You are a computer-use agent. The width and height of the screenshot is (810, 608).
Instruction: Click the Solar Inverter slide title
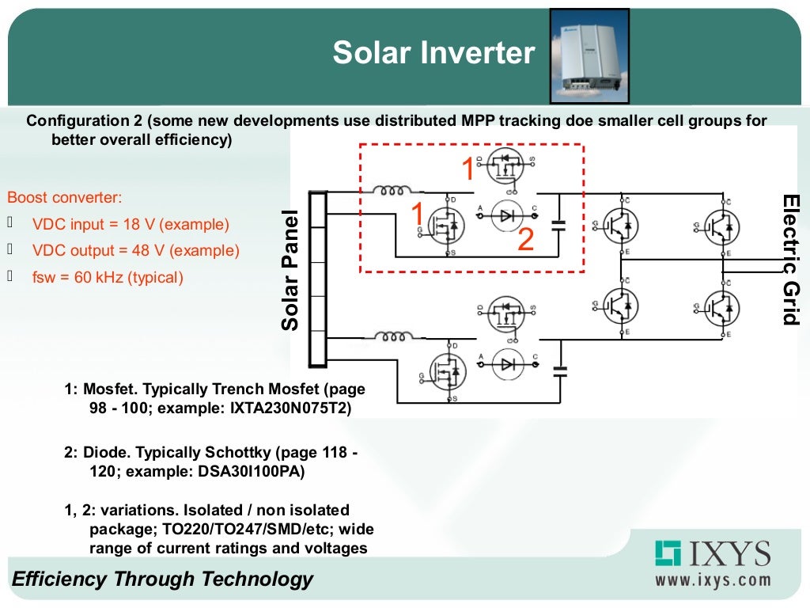tap(433, 53)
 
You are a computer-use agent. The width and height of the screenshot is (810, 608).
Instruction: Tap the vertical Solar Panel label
tap(290, 270)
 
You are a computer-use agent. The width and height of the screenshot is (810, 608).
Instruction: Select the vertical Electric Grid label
tap(789, 259)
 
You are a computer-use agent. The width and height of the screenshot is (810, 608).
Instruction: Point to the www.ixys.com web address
tap(712, 579)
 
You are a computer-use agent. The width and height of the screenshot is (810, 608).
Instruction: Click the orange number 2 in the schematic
tap(526, 240)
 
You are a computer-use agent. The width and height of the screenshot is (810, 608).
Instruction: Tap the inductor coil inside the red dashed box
tap(393, 191)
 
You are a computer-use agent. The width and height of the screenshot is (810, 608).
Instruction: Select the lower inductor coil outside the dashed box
tap(393, 336)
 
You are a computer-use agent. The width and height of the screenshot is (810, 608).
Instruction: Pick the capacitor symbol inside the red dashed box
tap(560, 224)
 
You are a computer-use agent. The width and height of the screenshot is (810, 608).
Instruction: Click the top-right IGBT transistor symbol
tap(721, 226)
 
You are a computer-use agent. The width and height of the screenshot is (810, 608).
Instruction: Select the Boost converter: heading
tap(65, 198)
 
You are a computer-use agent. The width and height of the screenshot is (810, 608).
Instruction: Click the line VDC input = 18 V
tap(131, 224)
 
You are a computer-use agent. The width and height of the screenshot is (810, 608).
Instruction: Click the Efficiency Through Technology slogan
tap(162, 579)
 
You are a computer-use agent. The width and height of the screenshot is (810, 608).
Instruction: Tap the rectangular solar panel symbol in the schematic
tap(318, 279)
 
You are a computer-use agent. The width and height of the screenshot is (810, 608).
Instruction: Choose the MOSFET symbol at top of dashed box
tap(506, 167)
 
